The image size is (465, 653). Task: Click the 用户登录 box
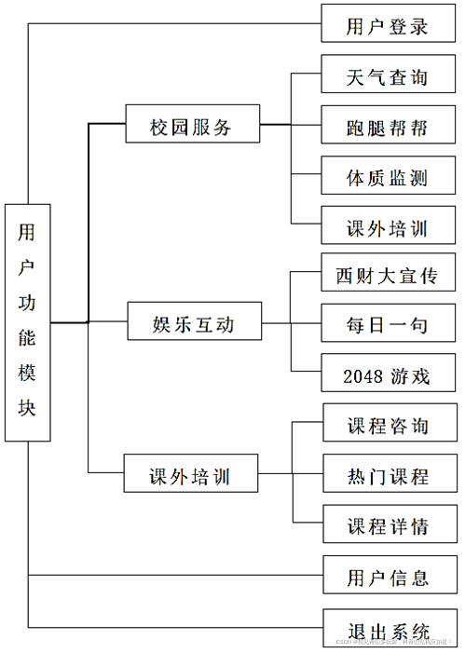[388, 24]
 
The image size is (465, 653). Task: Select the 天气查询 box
[388, 75]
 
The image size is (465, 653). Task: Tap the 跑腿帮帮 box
[388, 127]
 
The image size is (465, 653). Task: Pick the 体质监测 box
[388, 176]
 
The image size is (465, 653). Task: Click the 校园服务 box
[192, 125]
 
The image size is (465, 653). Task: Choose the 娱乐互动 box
[193, 323]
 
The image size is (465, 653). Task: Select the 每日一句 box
[388, 325]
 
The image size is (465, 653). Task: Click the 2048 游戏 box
[388, 376]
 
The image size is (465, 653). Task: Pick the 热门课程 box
[388, 476]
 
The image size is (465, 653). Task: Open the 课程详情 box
[388, 525]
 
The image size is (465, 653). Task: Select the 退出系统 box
[388, 628]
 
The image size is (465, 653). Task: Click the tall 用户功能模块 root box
[27, 321]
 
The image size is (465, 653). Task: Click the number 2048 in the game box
[362, 377]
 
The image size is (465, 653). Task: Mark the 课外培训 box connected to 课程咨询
[190, 476]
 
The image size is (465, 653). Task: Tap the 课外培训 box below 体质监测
[388, 226]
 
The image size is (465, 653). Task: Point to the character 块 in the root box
[27, 408]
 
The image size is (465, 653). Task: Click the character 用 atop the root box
[27, 233]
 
